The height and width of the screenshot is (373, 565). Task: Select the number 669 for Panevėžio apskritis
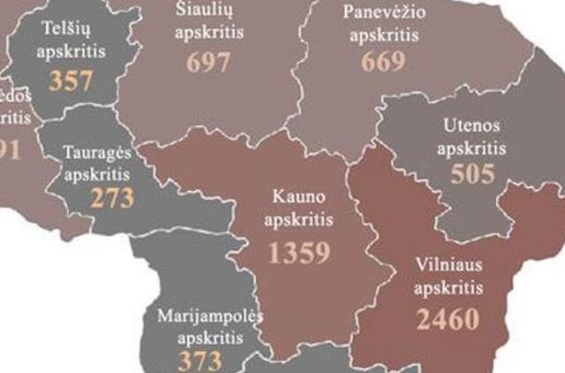point(382,61)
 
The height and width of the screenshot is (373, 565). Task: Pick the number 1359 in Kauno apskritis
point(299,253)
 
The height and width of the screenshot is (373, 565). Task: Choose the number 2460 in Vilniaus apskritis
point(448,318)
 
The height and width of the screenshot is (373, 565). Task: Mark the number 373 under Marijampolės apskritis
point(200,361)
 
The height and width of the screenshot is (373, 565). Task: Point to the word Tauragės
point(97,151)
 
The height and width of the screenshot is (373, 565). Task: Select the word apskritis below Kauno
point(300,217)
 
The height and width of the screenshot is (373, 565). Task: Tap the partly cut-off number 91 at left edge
point(9,150)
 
